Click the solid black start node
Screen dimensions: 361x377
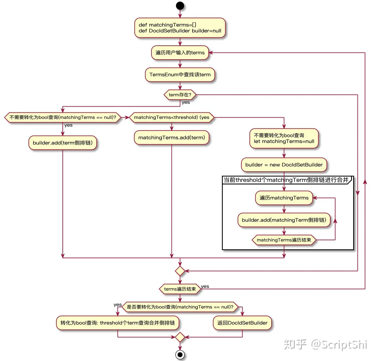pyautogui.click(x=180, y=6)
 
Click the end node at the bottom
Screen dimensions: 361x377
pyautogui.click(x=180, y=355)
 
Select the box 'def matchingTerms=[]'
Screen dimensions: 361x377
pyautogui.click(x=180, y=28)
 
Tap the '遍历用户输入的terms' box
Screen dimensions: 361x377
pyautogui.click(x=180, y=53)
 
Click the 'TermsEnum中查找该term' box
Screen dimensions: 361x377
pyautogui.click(x=180, y=75)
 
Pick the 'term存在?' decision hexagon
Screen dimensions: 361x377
pyautogui.click(x=180, y=95)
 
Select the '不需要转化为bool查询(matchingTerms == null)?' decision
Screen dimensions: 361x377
pyautogui.click(x=63, y=117)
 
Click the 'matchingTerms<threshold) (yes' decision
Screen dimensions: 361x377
pyautogui.click(x=172, y=117)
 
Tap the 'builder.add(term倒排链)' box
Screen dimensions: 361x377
pyautogui.click(x=63, y=143)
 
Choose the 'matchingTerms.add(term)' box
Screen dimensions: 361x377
pyautogui.click(x=172, y=138)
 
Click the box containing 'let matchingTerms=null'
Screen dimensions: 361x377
pyautogui.click(x=284, y=138)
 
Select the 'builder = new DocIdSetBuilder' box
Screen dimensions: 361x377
pyautogui.click(x=284, y=165)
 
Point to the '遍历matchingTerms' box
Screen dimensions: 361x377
pyautogui.click(x=284, y=198)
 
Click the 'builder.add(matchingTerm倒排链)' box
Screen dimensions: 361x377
pyautogui.click(x=284, y=220)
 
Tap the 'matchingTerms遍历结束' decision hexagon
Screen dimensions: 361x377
pyautogui.click(x=284, y=240)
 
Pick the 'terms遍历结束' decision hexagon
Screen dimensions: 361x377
pyautogui.click(x=180, y=289)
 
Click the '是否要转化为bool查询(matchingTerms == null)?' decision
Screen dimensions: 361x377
pyautogui.click(x=180, y=307)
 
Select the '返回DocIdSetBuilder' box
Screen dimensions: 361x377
pyautogui.click(x=242, y=323)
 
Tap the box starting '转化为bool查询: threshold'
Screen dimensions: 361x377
pyautogui.click(x=117, y=323)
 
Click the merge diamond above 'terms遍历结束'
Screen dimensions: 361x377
pyautogui.click(x=180, y=271)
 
